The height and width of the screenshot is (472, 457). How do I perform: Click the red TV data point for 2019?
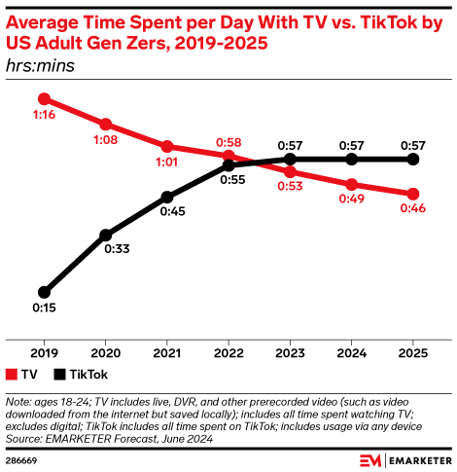44,98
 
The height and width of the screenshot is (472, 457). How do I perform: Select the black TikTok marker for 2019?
44,291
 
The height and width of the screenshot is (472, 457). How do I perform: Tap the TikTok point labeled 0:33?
105,235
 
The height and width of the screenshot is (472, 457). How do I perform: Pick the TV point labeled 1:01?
166,147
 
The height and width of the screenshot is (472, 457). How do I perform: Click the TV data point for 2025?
413,194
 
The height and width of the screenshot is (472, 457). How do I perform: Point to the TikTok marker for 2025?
413,159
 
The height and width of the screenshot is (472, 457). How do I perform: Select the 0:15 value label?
43,309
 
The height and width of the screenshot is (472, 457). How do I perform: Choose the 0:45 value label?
167,213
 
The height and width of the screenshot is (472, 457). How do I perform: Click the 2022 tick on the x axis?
228,342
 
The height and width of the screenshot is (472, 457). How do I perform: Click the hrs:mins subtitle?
40,66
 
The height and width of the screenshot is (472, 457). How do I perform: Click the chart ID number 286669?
24,457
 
